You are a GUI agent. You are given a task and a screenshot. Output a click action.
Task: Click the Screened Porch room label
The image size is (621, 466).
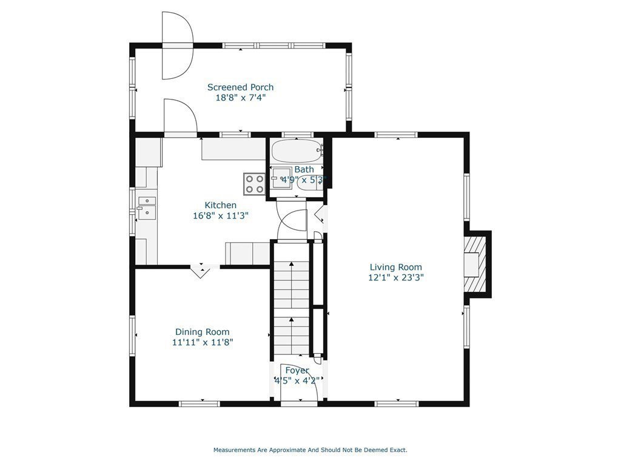240,87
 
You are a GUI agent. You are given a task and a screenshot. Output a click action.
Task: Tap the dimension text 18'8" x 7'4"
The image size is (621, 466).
240,98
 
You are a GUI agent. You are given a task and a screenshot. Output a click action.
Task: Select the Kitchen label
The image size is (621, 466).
221,205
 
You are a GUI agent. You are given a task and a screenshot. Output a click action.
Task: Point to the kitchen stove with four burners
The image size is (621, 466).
254,184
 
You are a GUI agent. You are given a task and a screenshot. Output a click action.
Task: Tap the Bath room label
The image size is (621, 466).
304,170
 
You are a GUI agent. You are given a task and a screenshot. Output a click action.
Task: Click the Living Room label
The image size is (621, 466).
395,267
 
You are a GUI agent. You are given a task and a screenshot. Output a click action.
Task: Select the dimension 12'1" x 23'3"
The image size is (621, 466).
395,277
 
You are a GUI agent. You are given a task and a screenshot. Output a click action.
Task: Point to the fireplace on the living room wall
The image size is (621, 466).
475,264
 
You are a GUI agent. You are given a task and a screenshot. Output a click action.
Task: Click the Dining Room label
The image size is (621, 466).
203,332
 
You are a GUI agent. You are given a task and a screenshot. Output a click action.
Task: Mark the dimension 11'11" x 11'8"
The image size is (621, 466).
203,342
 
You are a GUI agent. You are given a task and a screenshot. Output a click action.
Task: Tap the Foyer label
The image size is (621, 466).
297,371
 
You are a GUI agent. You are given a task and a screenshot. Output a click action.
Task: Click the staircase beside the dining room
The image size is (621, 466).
292,299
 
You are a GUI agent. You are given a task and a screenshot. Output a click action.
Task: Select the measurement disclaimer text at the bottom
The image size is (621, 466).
310,450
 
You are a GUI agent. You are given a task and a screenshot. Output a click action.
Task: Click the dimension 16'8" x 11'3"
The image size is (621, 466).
221,216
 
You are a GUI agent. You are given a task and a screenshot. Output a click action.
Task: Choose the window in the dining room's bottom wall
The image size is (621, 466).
199,404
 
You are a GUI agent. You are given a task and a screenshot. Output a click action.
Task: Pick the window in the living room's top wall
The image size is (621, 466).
397,135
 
